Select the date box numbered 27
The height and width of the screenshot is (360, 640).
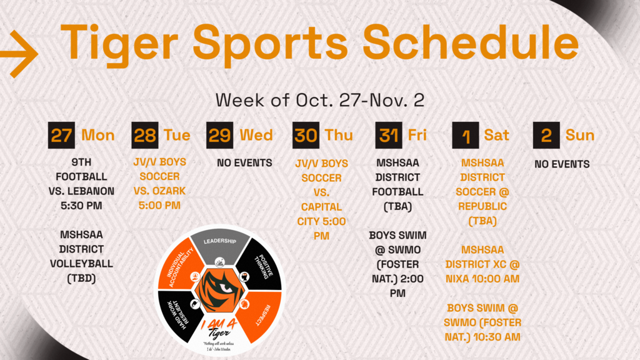point(62,135)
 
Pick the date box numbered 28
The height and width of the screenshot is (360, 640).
point(145,135)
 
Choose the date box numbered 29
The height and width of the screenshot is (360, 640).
point(220,135)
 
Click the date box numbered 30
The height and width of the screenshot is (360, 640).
point(306,135)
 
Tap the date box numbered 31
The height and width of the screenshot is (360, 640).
point(389,135)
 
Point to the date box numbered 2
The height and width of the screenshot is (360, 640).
point(546,135)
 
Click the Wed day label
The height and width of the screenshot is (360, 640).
point(256,135)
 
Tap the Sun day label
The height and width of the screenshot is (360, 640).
point(580,135)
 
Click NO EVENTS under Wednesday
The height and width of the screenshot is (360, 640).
point(244,163)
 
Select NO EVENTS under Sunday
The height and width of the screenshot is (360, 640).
point(562,164)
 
